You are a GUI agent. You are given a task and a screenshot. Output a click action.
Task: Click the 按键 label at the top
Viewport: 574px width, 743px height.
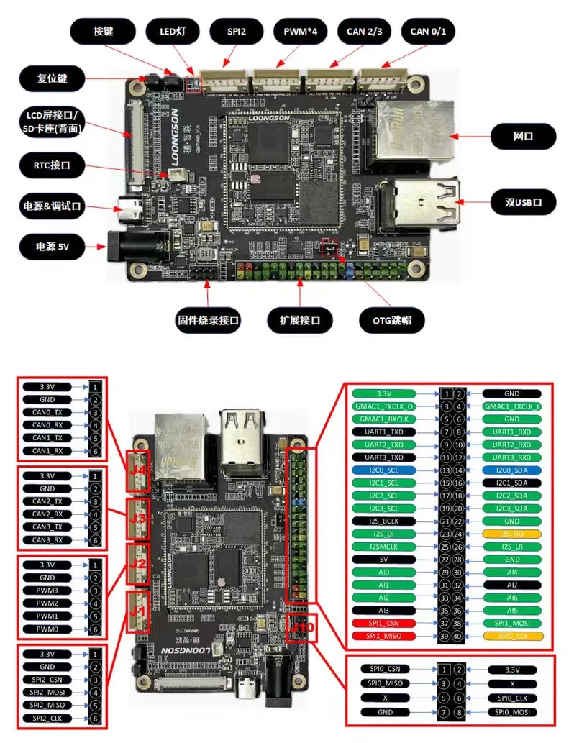pyautogui.click(x=104, y=32)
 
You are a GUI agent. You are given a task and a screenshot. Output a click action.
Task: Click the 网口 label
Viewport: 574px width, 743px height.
pyautogui.click(x=523, y=135)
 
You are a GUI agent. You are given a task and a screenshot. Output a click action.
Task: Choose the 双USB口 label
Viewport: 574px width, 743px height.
pyautogui.click(x=523, y=203)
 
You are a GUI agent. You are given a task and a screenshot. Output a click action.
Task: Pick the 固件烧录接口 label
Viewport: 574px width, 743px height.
pyautogui.click(x=209, y=320)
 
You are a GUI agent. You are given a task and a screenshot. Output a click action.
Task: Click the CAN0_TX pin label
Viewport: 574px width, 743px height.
pyautogui.click(x=47, y=412)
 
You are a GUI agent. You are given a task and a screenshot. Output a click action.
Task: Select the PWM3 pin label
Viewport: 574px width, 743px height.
pyautogui.click(x=47, y=590)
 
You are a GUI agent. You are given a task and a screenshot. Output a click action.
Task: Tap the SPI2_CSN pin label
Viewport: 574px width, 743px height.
pyautogui.click(x=47, y=680)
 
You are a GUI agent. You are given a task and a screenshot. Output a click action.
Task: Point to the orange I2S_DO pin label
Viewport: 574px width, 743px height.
pyautogui.click(x=511, y=534)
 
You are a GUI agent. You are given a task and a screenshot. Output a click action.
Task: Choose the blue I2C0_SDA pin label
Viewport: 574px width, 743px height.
pyautogui.click(x=511, y=469)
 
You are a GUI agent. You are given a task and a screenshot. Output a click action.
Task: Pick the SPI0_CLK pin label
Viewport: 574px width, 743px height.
pyautogui.click(x=511, y=697)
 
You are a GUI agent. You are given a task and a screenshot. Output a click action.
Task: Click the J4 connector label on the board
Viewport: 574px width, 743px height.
pyautogui.click(x=137, y=471)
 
